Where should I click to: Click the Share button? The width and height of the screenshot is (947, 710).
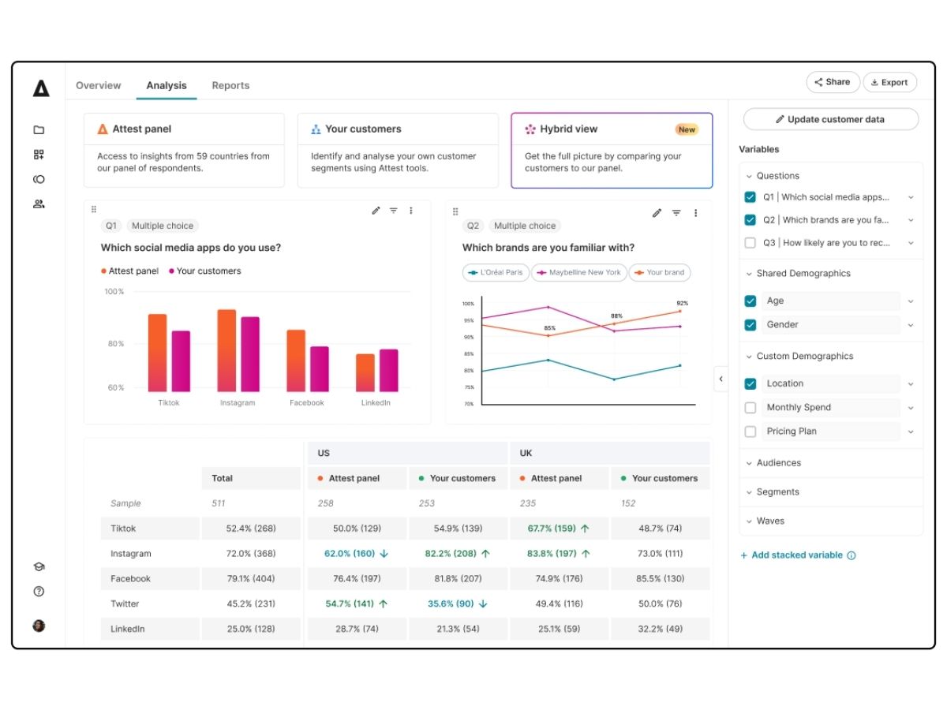[833, 82]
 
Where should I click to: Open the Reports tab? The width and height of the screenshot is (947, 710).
[230, 85]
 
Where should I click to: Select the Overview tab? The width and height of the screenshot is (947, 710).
[99, 85]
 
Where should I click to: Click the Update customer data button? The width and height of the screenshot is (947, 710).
[830, 119]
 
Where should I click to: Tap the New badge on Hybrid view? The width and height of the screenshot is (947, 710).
[687, 129]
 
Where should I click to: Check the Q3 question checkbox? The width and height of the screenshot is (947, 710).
[750, 243]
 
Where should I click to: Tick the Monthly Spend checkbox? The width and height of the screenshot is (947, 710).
[750, 407]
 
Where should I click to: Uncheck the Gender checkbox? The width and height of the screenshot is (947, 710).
[750, 324]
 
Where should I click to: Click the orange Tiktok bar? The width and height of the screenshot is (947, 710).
[157, 353]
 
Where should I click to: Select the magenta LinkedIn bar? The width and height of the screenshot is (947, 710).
[389, 370]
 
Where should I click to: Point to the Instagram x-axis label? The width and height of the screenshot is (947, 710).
[238, 402]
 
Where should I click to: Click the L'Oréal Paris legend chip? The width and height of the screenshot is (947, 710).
[496, 272]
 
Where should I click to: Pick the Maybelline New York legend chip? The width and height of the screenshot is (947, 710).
[579, 272]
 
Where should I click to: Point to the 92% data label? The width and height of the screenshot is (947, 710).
[682, 303]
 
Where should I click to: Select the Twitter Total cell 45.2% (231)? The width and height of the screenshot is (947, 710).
[251, 603]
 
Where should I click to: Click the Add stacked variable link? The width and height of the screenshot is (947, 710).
[796, 555]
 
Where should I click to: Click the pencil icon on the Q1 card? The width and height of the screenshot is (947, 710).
[376, 211]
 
